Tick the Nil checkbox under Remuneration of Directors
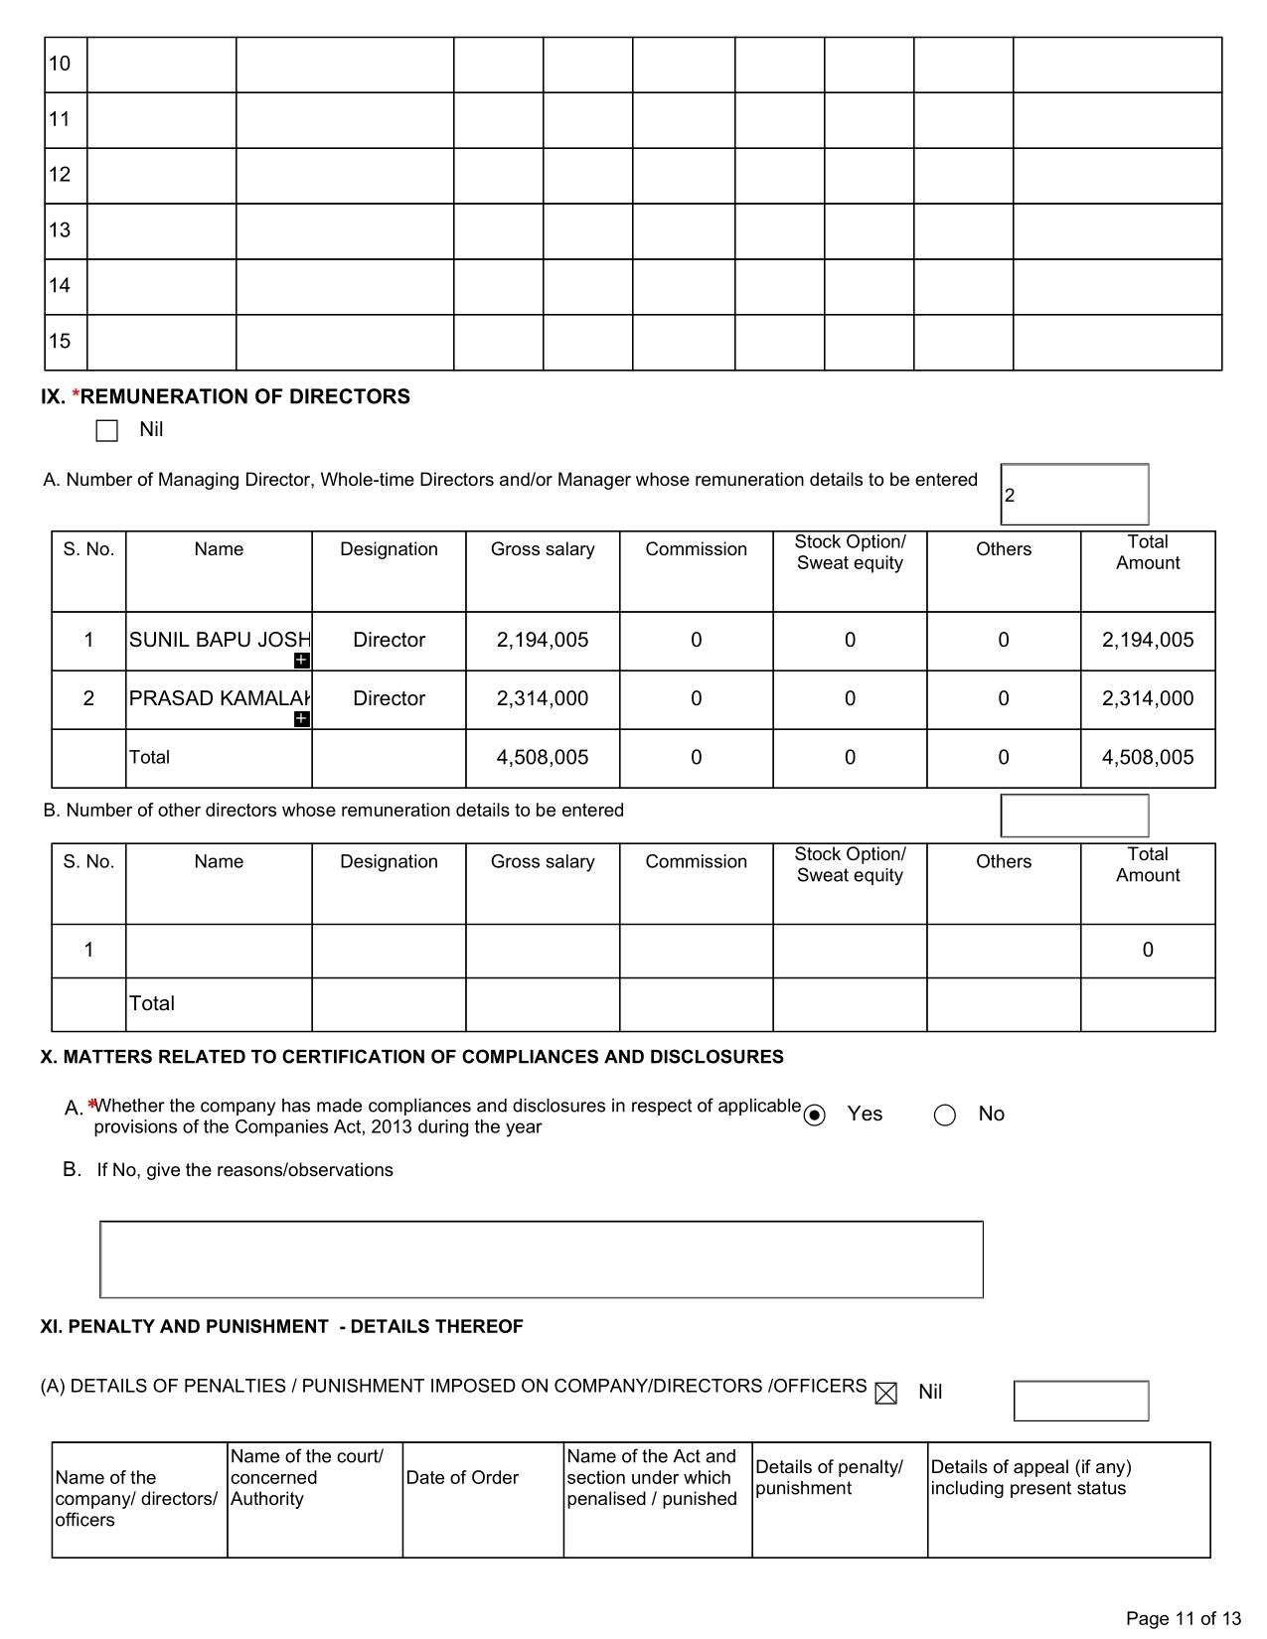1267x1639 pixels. point(107,431)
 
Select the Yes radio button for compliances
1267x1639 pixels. point(815,1116)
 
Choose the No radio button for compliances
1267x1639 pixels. point(945,1116)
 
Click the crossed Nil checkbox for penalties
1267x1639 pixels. point(885,1394)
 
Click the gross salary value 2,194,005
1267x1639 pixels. point(542,641)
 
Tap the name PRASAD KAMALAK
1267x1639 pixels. point(219,699)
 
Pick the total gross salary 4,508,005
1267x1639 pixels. point(542,758)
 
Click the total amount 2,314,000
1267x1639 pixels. point(1147,699)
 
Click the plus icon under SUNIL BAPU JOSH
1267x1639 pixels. point(302,661)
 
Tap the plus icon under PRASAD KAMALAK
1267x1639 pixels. point(302,719)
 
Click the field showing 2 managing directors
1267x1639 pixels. point(1074,495)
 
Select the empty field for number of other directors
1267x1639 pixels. point(1074,817)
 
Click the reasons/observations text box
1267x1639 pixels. point(542,1260)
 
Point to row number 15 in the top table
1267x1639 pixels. point(61,342)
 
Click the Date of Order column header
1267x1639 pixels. point(462,1478)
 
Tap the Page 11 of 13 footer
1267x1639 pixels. point(1183,1619)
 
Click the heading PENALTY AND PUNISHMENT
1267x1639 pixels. point(281,1327)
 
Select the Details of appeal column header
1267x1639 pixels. point(1029,1478)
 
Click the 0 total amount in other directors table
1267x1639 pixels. point(1147,951)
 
